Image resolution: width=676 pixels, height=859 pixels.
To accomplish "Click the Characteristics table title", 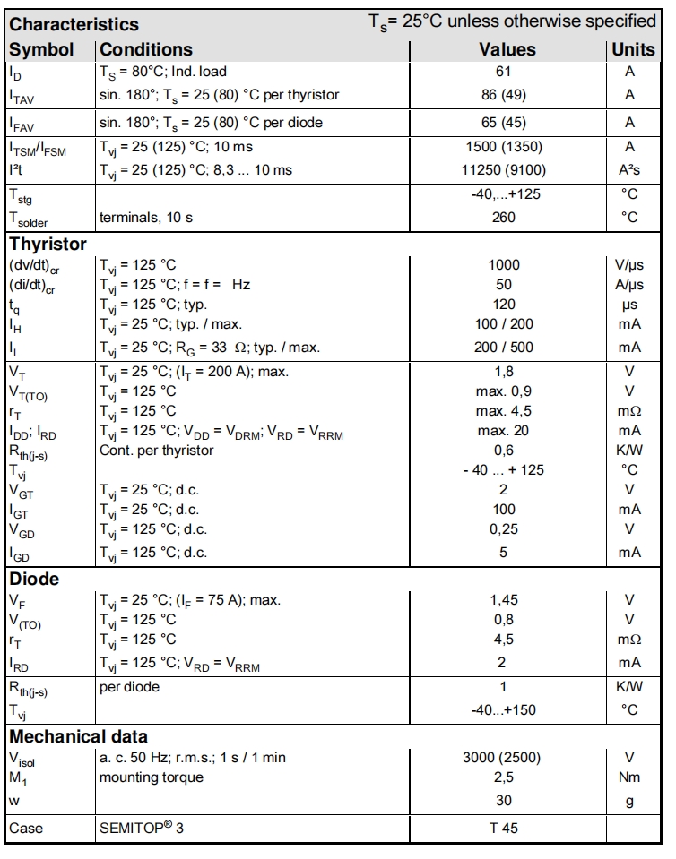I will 74,24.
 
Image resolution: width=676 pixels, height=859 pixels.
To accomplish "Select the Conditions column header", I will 146,50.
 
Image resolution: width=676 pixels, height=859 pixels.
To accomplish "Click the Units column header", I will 633,50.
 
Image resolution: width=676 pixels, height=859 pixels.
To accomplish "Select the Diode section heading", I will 34,579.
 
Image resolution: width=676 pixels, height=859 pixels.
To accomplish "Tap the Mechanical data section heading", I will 78,737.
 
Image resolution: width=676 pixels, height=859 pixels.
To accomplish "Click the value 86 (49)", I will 503,94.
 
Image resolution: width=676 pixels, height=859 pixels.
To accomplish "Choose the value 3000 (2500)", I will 503,758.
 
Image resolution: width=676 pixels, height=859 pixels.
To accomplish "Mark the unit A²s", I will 630,169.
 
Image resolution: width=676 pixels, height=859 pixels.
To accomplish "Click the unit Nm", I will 630,777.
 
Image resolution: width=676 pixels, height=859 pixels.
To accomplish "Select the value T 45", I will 503,829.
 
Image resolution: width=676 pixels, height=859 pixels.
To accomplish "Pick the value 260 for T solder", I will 503,216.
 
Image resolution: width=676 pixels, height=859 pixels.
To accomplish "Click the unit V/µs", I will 630,264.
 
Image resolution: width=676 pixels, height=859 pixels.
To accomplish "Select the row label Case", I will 26,829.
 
